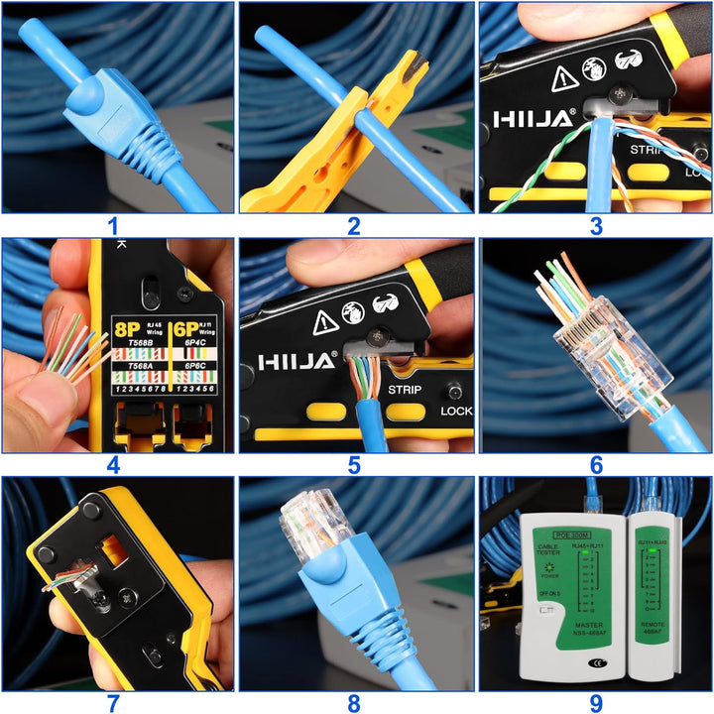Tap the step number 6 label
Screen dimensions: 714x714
(x=596, y=465)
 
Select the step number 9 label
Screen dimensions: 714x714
(x=596, y=702)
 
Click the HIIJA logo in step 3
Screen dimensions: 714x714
(x=534, y=119)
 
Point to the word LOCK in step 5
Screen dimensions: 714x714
(x=456, y=410)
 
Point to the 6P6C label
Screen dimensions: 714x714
(x=195, y=365)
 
